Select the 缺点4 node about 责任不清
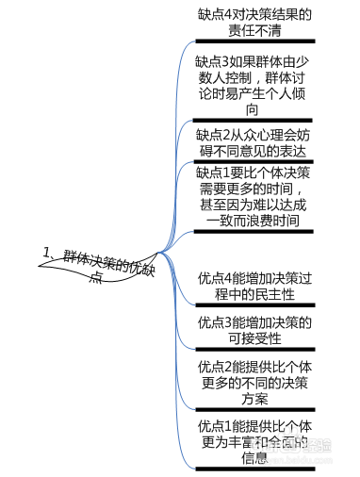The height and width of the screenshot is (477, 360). [x=254, y=22]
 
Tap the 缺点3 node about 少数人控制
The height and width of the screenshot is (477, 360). [x=254, y=86]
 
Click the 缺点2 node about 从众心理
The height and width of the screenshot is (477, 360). [x=254, y=142]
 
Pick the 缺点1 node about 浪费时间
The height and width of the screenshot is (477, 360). [x=254, y=197]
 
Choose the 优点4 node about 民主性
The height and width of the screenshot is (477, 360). [x=254, y=287]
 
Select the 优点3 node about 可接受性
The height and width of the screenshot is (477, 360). [x=254, y=331]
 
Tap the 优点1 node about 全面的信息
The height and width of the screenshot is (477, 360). [x=254, y=440]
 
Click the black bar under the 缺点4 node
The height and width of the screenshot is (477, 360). [x=254, y=41]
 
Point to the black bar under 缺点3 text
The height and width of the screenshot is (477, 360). [x=254, y=121]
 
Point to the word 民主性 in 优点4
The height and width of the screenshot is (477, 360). [x=273, y=295]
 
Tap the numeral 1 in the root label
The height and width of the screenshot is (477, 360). [x=46, y=251]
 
